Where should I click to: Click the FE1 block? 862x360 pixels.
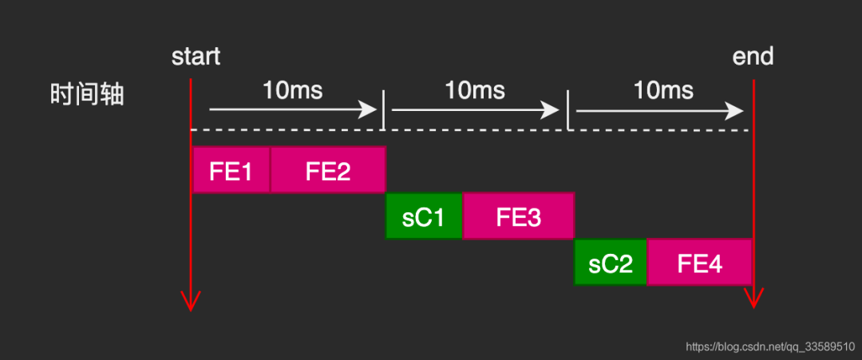[231, 170]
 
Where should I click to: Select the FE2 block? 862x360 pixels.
[328, 170]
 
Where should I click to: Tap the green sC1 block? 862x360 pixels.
[424, 216]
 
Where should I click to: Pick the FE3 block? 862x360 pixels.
[518, 216]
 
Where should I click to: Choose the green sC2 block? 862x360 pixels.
[611, 262]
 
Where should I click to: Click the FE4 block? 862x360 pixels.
[700, 262]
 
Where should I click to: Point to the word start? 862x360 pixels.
[196, 57]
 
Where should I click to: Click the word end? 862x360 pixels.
[753, 57]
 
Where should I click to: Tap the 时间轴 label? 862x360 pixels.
[87, 96]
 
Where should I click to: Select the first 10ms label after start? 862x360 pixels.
[292, 89]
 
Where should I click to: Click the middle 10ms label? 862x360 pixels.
[475, 89]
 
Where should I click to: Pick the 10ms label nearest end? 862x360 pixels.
[663, 89]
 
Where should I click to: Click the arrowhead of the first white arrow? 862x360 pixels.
[370, 110]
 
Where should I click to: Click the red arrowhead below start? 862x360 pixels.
[191, 301]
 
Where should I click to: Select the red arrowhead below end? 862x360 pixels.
[753, 299]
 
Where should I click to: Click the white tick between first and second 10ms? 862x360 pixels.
[384, 110]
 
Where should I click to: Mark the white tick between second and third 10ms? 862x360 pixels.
[567, 110]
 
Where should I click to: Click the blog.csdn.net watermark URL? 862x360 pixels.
[770, 346]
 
